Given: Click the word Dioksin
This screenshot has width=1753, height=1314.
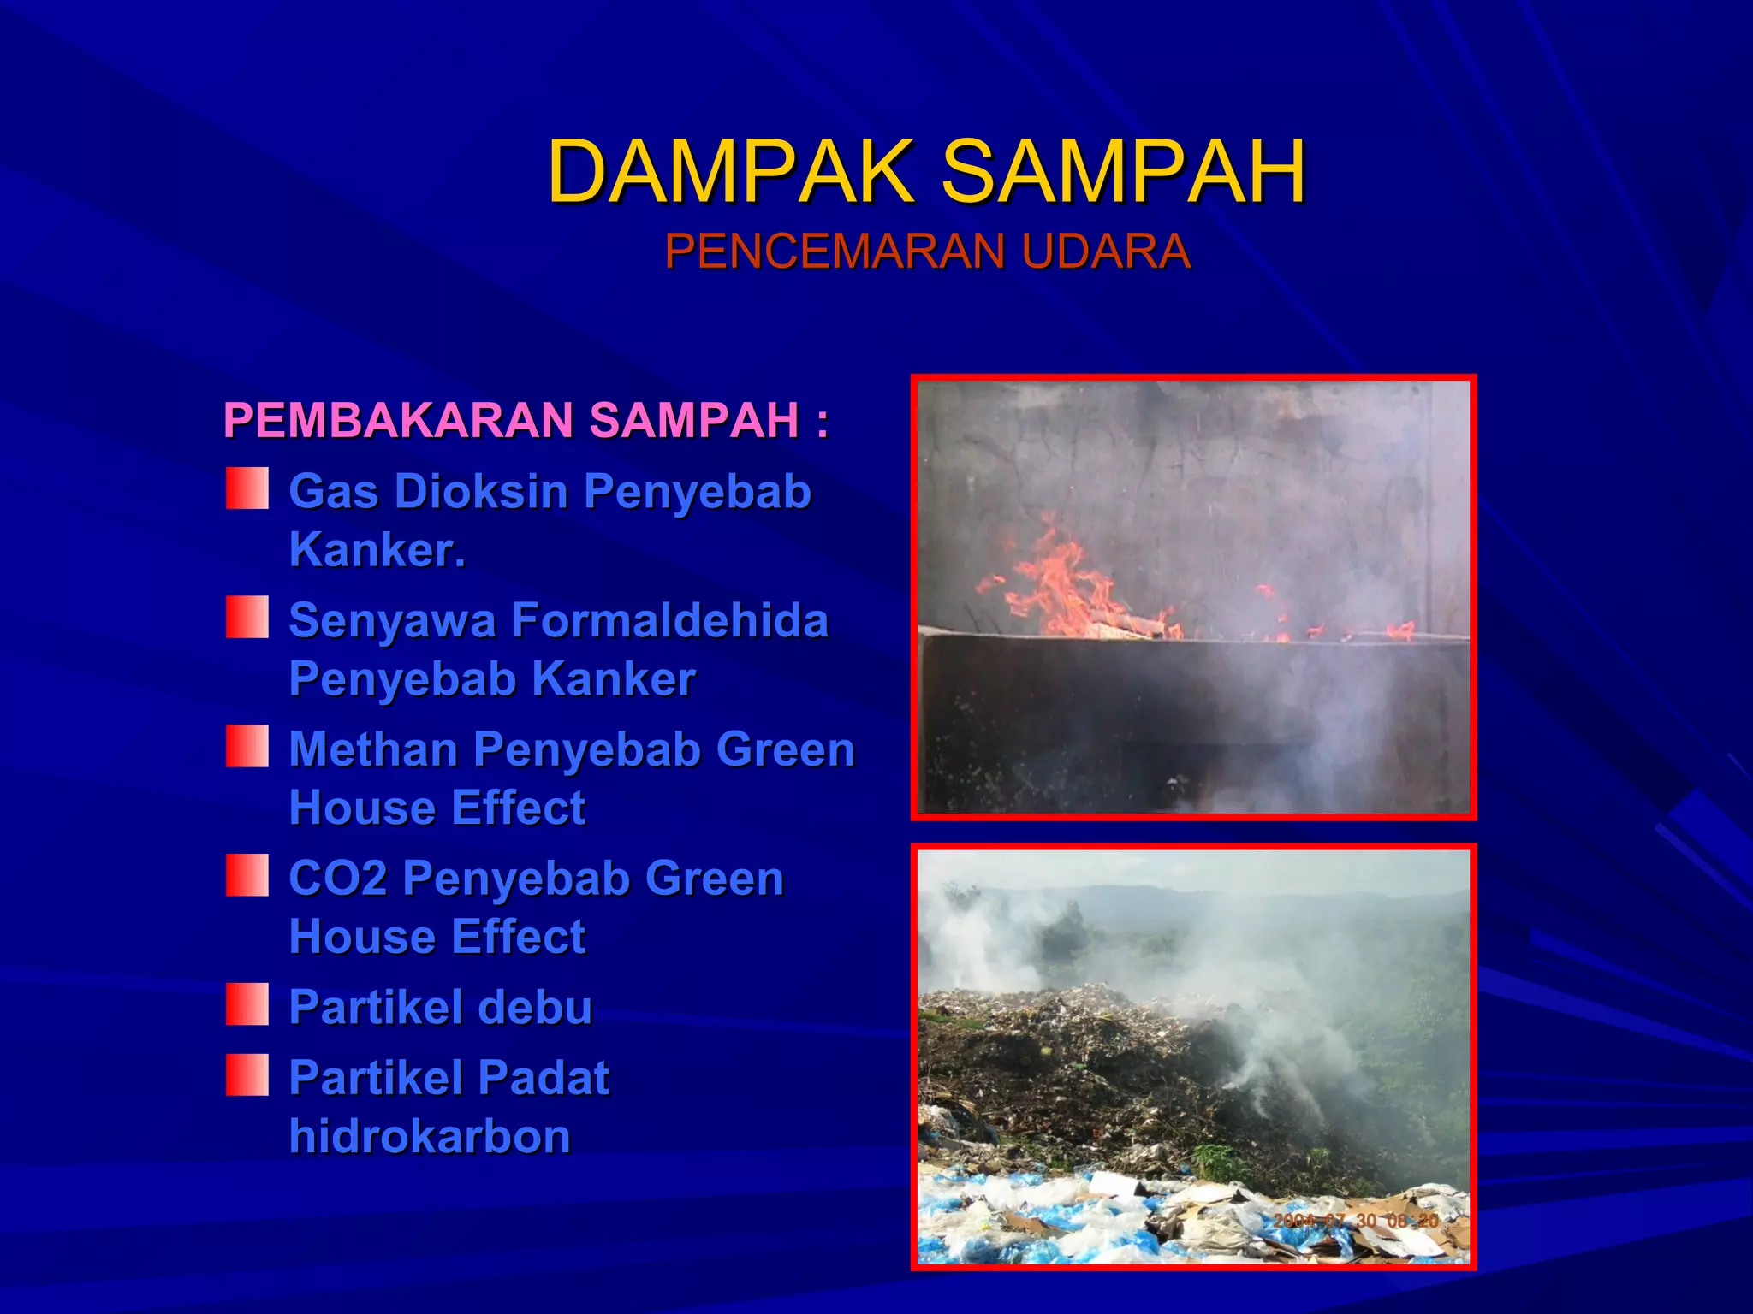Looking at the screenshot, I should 489,492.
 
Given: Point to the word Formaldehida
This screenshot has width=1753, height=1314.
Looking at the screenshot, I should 670,620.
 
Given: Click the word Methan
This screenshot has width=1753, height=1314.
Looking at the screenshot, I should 373,749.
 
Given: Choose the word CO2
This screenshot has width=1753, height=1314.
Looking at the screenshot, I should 338,879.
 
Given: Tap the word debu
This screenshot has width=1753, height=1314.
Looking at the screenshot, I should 535,1007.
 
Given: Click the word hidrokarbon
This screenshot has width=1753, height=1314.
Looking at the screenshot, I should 430,1136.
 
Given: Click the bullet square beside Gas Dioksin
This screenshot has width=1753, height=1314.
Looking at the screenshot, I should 247,488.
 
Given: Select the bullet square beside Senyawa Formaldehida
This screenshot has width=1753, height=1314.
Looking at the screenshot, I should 247,618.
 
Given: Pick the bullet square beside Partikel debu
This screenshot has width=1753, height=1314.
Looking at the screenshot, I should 247,1004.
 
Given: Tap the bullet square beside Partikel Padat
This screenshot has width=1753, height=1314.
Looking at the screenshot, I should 247,1075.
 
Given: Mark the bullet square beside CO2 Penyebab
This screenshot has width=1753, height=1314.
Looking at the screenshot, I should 247,875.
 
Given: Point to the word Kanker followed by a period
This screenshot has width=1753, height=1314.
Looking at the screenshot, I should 377,550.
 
